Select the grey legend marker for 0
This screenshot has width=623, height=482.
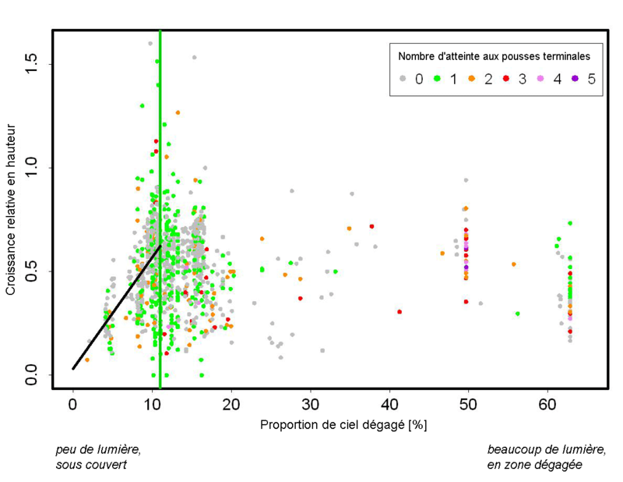(x=403, y=78)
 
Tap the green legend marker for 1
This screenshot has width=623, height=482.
(x=438, y=78)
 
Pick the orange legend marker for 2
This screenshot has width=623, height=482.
(x=473, y=78)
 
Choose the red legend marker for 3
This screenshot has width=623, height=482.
(x=506, y=78)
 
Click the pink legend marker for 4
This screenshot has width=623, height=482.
(x=542, y=78)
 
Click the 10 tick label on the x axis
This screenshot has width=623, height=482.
(x=152, y=405)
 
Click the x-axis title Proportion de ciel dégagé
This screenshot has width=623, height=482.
(x=343, y=425)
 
